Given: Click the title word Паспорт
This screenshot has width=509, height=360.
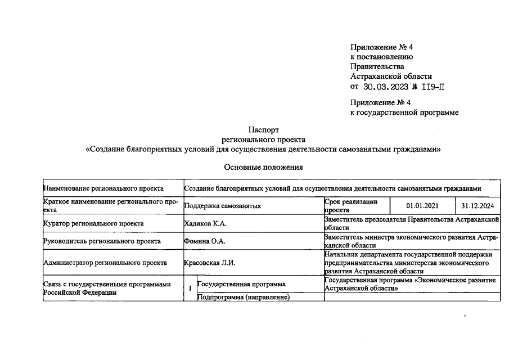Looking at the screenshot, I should (263, 129).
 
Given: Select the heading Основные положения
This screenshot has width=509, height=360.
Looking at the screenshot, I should (263, 166).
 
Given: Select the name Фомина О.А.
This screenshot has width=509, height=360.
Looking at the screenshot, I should (203, 241).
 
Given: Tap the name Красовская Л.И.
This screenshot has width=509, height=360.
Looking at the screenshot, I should (209, 262).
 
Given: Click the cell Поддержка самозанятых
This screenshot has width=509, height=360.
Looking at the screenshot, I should (223, 206).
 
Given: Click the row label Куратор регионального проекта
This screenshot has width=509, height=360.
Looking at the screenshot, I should (93, 223).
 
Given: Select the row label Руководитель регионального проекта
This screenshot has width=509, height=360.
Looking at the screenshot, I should (102, 241).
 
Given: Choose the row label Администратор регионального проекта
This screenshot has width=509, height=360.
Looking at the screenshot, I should (105, 262).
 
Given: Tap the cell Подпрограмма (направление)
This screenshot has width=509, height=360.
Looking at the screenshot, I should (243, 298).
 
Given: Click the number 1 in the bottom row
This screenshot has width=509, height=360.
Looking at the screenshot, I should (190, 288).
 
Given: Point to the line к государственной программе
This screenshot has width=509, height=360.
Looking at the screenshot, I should (404, 112).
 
